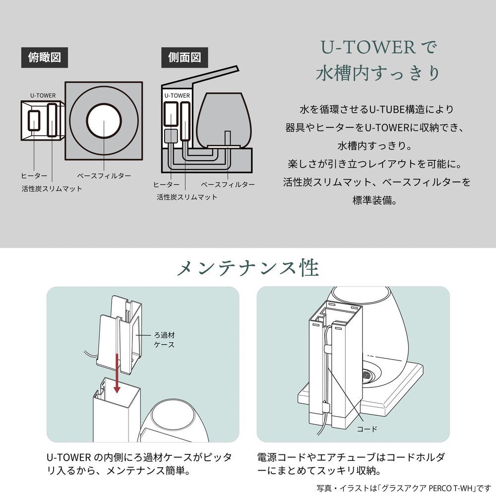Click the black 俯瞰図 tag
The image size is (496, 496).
point(44,58)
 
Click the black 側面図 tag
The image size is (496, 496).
point(185,58)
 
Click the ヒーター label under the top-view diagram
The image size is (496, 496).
point(34,176)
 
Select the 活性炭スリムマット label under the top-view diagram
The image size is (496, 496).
point(52,189)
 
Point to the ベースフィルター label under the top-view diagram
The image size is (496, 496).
point(104,176)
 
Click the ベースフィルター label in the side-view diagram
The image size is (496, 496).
point(228,185)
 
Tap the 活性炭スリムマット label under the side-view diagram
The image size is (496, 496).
point(187,197)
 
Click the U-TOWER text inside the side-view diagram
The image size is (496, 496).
point(177,95)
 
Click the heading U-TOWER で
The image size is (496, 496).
point(377,48)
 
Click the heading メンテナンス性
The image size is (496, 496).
point(248,268)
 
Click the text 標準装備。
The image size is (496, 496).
point(377,201)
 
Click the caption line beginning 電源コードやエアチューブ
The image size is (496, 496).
point(351,457)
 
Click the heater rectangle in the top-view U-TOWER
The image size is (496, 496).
point(35,121)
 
